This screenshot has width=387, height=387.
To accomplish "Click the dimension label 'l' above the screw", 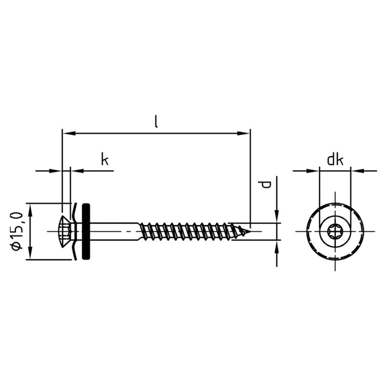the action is click(157, 122).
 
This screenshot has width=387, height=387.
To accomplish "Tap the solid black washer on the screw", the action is click(86, 231).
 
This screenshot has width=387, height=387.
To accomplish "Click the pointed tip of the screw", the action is click(250, 232).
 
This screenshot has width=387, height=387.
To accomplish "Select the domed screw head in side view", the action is click(65, 232).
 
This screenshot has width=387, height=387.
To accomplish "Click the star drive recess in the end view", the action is click(335, 232).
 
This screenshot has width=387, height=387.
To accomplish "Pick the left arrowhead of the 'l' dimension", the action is click(69, 133).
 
